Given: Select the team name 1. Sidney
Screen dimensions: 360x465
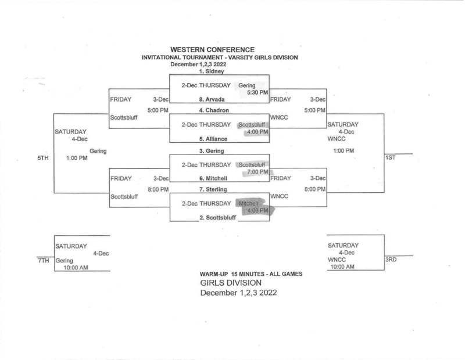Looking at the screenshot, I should point(212,72).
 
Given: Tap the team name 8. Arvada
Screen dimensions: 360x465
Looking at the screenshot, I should point(212,100).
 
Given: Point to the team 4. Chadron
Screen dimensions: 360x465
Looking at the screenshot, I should point(213,110).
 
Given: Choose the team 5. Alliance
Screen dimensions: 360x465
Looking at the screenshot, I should point(213,139).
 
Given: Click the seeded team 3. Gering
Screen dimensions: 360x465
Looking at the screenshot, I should point(212,150).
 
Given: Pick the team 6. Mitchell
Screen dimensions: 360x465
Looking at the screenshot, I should point(213,178).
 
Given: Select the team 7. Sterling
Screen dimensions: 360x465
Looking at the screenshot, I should point(213,189).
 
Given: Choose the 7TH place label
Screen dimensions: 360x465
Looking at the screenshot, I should point(42,261).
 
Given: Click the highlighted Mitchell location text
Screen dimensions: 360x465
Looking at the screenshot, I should point(248,203).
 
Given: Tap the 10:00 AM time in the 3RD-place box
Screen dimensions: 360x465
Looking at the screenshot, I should point(341,267).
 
